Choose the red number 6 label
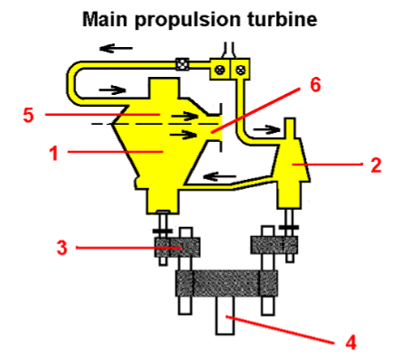click(x=314, y=85)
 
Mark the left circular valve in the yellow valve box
click(x=219, y=68)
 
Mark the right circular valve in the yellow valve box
click(x=240, y=68)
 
